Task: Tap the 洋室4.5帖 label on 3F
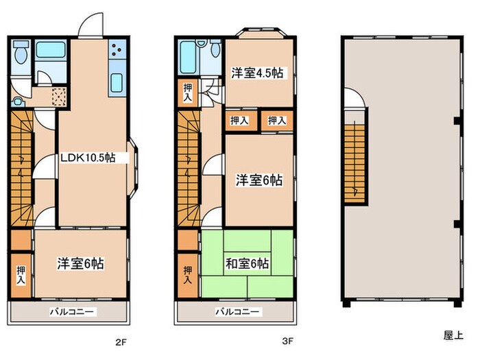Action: coord(258,73)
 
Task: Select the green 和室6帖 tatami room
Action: coord(248,264)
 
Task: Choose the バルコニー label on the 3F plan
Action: coord(238,312)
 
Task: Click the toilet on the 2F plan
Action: coord(20,53)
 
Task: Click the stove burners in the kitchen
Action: coord(117,51)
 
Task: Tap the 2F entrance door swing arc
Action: coord(89,25)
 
